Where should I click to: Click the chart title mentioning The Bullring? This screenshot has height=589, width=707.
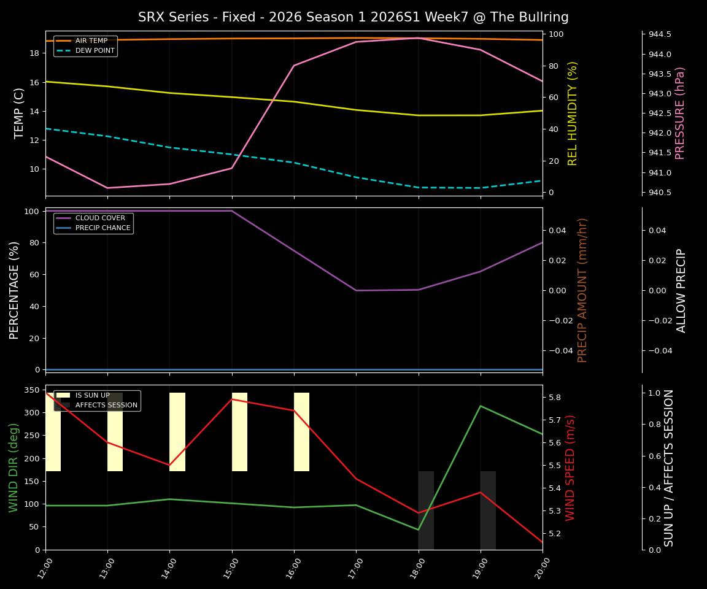(x=353, y=17)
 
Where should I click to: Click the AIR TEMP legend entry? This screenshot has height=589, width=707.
(x=91, y=40)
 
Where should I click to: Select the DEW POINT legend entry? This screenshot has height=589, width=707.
(x=95, y=50)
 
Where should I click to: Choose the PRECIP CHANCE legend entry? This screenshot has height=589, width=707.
(x=102, y=228)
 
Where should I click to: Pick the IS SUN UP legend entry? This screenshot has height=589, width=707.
(x=93, y=395)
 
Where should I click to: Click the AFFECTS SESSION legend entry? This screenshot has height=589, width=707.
(x=106, y=405)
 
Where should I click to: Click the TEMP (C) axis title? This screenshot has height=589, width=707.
(x=20, y=113)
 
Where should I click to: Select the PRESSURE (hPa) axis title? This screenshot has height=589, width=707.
(x=680, y=113)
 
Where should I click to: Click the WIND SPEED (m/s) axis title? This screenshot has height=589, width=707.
(x=571, y=468)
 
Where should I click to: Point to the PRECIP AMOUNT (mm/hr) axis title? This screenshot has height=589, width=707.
(x=582, y=290)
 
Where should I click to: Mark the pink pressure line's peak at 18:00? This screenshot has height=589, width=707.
(x=419, y=38)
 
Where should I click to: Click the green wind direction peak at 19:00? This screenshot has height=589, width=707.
(x=481, y=406)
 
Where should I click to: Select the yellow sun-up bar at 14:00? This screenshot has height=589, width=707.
(x=177, y=432)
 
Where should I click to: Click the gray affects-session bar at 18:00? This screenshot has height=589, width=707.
(x=426, y=510)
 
